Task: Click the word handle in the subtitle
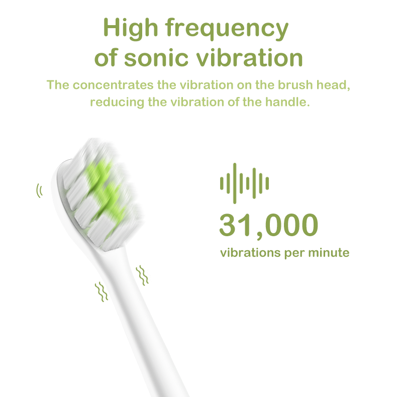pyautogui.click(x=288, y=102)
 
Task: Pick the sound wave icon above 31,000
pyautogui.click(x=244, y=180)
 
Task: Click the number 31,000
pyautogui.click(x=269, y=225)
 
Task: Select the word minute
pyautogui.click(x=328, y=252)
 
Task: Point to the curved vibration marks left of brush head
pyautogui.click(x=39, y=191)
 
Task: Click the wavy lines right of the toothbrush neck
pyautogui.click(x=143, y=275)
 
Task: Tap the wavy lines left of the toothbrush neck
pyautogui.click(x=102, y=291)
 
